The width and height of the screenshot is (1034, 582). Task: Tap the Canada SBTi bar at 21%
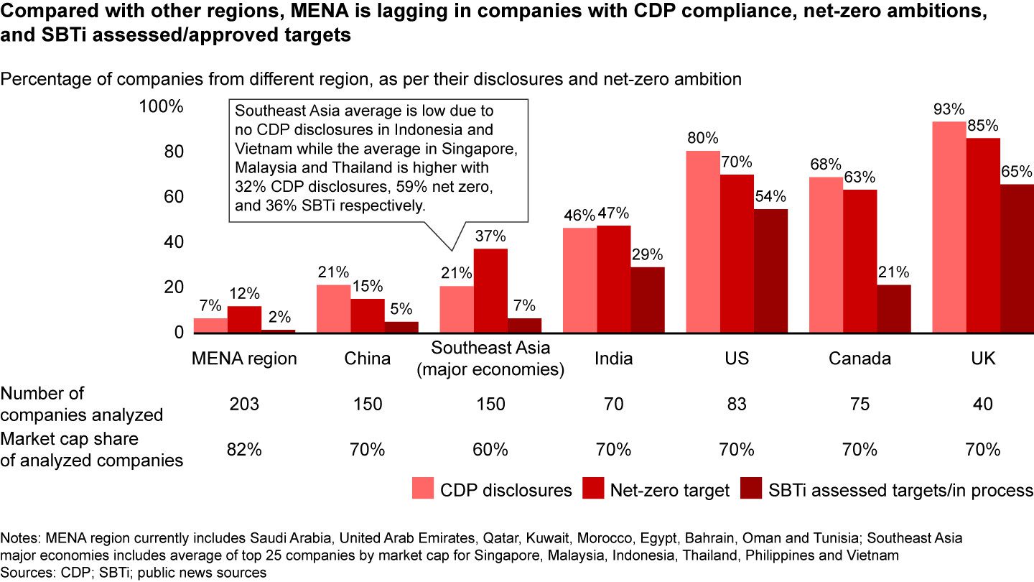tap(894, 308)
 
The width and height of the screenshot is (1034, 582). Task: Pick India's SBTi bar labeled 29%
tap(648, 300)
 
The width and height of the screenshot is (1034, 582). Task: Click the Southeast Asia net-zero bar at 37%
tap(490, 290)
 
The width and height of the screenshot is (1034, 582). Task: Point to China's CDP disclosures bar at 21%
tap(333, 308)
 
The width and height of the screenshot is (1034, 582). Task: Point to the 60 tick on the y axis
tap(172, 197)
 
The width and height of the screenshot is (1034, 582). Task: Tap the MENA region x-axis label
tap(245, 359)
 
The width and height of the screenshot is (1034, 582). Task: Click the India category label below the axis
tap(613, 359)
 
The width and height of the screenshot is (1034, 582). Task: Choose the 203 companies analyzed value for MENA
tap(245, 405)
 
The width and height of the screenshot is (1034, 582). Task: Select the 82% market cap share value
tap(245, 450)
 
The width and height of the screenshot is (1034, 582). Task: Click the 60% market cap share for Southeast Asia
tap(490, 450)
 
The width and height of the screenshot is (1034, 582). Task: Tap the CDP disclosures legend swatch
tap(424, 490)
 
